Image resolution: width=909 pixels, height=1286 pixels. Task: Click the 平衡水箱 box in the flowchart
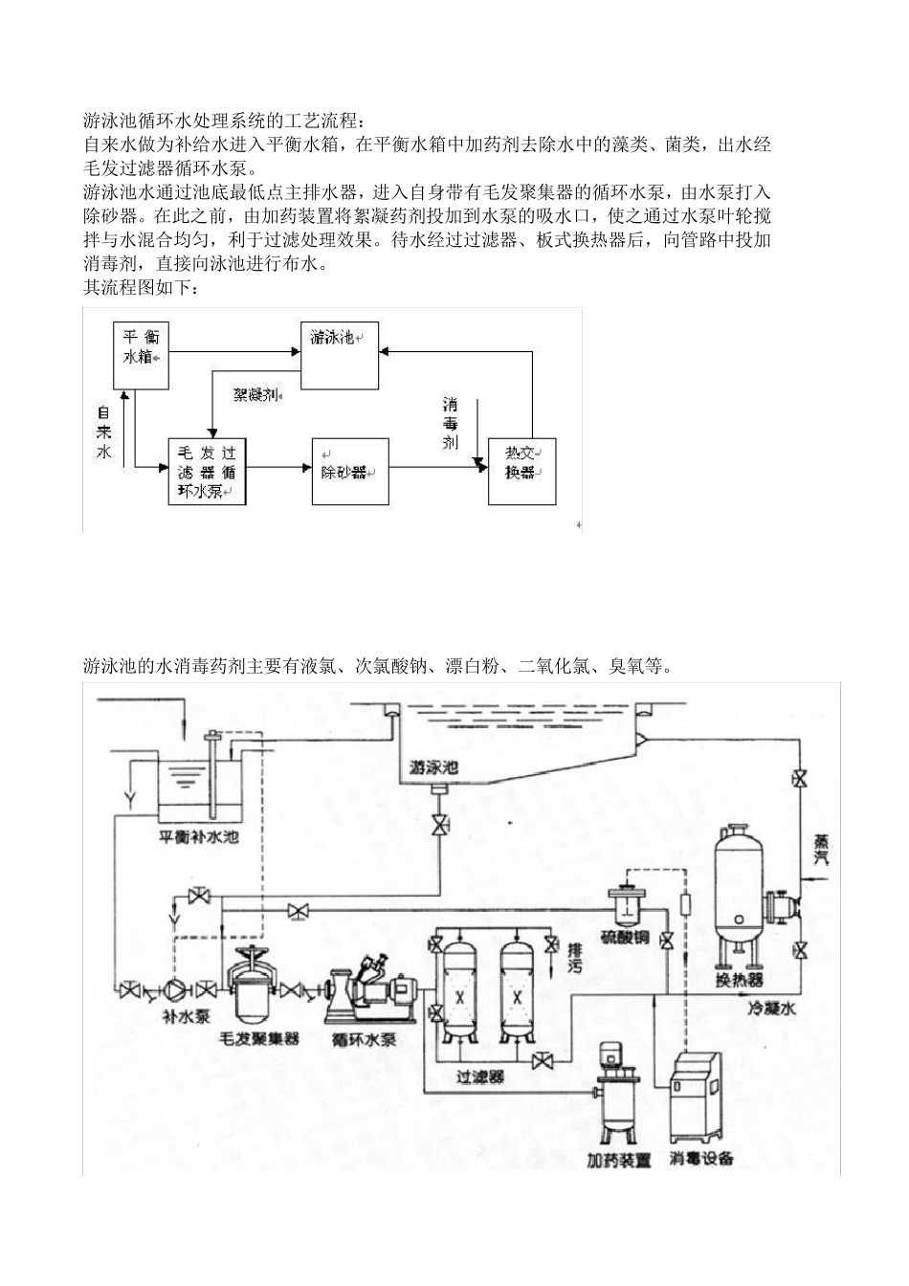click(142, 355)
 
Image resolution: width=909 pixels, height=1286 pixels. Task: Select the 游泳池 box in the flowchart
click(340, 354)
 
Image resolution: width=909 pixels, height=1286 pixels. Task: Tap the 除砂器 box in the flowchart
click(349, 472)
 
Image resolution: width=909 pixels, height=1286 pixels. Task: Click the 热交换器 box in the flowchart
click(521, 472)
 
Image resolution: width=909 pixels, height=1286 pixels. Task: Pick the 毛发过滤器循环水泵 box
click(207, 472)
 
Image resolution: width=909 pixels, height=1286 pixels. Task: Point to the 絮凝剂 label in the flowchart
click(255, 393)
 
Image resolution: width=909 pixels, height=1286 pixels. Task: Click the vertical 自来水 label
click(104, 432)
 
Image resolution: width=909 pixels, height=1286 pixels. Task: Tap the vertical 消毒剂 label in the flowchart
click(450, 423)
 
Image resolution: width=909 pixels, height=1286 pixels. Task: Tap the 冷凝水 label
click(771, 1009)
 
